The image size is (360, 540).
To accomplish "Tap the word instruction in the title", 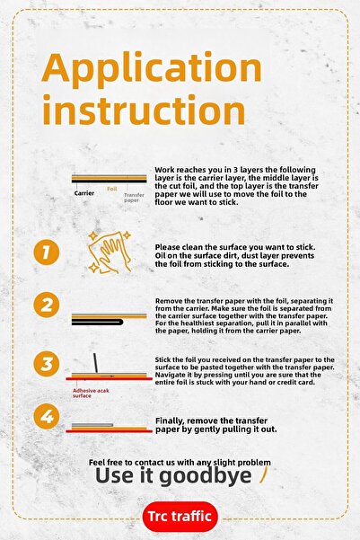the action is coord(144,110).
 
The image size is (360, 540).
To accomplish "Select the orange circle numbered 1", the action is coord(47,252).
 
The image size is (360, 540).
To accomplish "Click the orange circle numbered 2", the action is coord(47,305).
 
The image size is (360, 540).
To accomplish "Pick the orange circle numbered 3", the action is coord(47,364).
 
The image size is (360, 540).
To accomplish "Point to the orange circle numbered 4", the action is coord(47,416).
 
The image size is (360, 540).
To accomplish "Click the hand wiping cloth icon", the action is coord(110,252).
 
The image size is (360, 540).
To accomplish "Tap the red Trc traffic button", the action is coord(180,517).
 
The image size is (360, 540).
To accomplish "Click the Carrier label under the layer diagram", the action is coord(84,193).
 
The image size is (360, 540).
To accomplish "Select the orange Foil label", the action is coord(112,189).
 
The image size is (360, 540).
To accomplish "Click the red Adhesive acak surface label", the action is coord(91,393).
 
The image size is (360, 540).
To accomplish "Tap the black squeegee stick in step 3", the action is coord(95,363).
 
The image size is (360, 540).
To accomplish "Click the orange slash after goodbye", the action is coord(263,474).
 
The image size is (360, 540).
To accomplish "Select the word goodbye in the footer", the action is coord(206,476).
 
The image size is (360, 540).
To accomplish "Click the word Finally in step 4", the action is coord(169,420).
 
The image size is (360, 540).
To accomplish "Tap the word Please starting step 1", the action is coord(167,247).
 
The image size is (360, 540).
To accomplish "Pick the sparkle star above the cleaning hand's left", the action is coord(92,236).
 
